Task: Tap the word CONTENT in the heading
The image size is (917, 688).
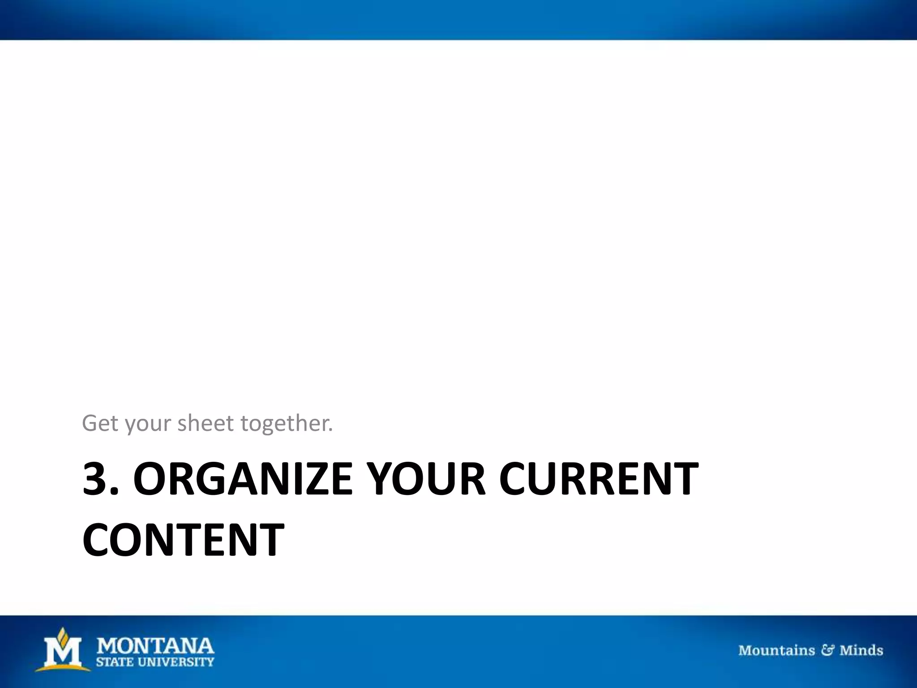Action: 183,540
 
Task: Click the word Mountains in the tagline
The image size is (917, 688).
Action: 776,650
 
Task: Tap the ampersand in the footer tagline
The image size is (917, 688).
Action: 827,650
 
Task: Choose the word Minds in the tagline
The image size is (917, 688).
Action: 861,650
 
